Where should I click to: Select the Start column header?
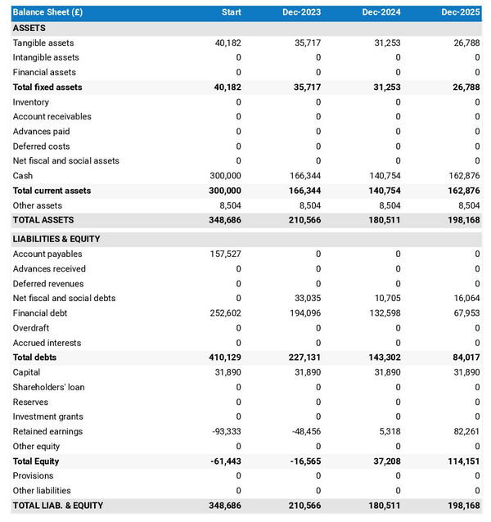(x=231, y=12)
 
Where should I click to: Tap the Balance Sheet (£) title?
(x=47, y=12)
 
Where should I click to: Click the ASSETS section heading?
(x=29, y=28)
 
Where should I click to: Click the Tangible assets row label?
(x=43, y=43)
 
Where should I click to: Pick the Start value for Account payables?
(x=226, y=254)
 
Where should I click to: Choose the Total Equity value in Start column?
(x=225, y=461)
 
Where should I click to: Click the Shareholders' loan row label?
(x=48, y=387)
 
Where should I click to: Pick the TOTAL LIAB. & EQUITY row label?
(x=58, y=506)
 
